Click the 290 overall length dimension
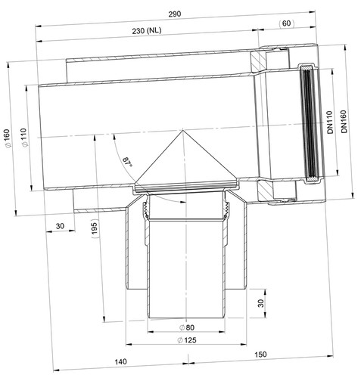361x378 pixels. click(175, 14)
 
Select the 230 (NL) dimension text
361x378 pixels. click(147, 31)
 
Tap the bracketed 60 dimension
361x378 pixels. click(286, 23)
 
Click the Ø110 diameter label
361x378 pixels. click(24, 138)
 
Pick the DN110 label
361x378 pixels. click(330, 122)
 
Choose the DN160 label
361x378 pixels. click(344, 122)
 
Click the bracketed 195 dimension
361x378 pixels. click(95, 228)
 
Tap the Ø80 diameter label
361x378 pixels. click(187, 327)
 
